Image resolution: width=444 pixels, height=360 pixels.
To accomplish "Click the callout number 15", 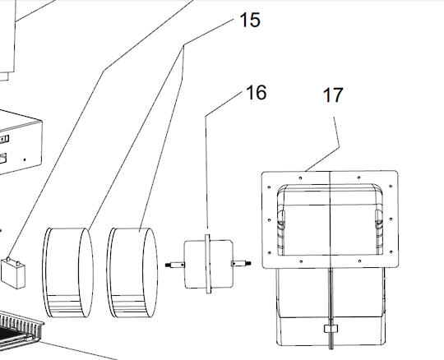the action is click(x=250, y=20).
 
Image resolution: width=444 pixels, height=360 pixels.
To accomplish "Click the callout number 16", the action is click(x=257, y=92).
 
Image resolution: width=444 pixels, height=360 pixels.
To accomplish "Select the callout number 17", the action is click(x=333, y=95).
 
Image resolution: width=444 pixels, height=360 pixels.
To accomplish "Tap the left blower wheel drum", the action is click(x=68, y=272).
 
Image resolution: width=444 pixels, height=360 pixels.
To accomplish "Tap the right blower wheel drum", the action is click(x=132, y=272).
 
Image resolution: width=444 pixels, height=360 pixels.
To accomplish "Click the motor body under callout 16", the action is click(x=208, y=264).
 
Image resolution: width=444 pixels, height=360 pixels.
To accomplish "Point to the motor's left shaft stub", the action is click(x=174, y=265).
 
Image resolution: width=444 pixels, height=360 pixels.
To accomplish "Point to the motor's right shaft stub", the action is click(x=241, y=264).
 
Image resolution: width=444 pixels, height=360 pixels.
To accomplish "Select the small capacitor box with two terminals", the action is click(x=13, y=273).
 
